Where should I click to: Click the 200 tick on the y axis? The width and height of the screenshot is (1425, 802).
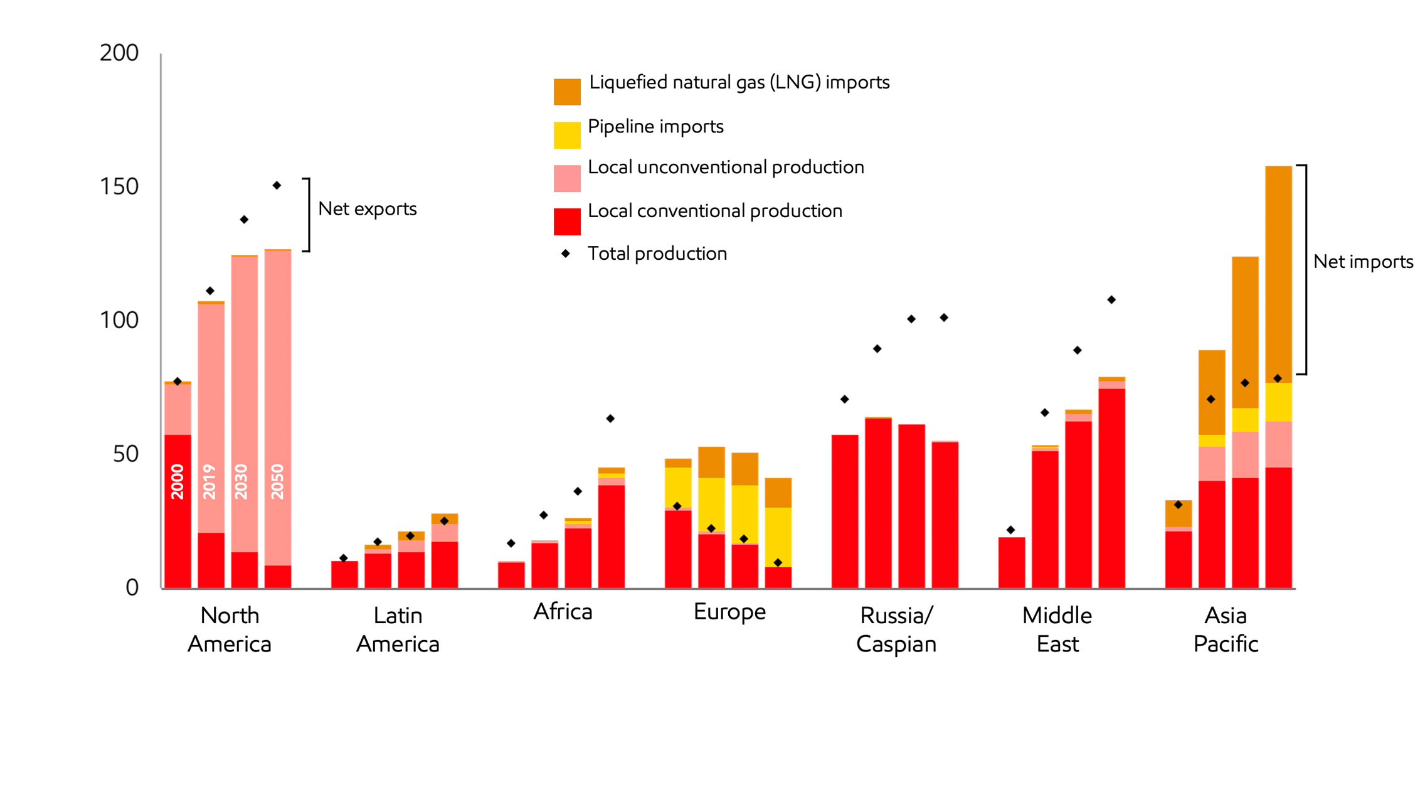119,53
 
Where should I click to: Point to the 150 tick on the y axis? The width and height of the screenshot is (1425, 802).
119,187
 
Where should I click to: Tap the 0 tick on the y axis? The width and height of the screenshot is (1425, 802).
132,588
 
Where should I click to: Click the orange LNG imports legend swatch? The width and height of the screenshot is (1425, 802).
566,92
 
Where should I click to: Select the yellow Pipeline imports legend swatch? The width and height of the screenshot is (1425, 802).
566,135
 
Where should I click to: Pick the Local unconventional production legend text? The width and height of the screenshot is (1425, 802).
726,168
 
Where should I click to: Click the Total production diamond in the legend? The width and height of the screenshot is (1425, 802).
565,254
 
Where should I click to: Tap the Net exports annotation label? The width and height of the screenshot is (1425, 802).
368,209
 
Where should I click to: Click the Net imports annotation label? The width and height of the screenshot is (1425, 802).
1363,262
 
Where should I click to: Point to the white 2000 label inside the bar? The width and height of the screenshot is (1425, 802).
177,481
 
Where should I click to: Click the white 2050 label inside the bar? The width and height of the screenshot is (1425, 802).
277,481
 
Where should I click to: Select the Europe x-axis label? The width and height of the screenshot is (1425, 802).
729,612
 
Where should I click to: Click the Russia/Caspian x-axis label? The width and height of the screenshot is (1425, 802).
896,629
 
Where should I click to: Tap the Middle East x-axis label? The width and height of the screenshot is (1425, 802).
1057,629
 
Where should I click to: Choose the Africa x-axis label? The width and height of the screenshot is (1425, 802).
563,612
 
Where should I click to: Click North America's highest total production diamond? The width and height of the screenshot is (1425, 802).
277,185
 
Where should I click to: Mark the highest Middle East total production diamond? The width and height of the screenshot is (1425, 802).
1111,300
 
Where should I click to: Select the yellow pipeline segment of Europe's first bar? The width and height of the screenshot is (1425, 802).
678,487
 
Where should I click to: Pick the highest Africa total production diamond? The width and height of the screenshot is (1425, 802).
610,419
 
